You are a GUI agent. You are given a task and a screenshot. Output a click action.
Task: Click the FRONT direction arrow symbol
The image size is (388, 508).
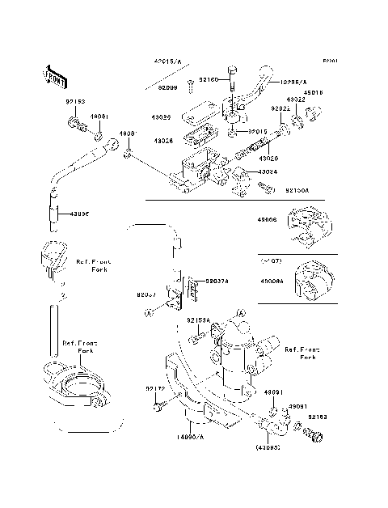(x=49, y=75)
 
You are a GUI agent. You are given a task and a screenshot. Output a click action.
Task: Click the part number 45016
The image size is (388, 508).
(x=313, y=92)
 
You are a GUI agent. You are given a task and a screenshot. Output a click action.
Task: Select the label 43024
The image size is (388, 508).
(x=269, y=172)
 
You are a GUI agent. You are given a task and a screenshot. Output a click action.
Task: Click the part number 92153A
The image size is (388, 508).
(x=199, y=320)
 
